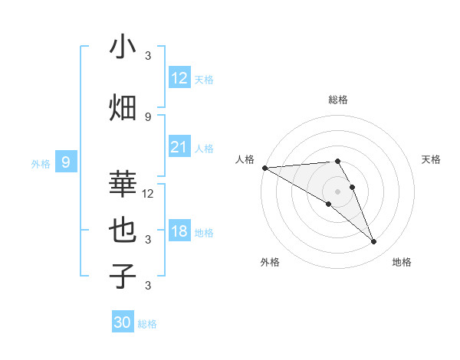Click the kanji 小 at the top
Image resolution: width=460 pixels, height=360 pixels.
123,47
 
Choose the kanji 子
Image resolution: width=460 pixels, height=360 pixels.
123,277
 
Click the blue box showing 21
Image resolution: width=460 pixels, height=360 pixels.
179,148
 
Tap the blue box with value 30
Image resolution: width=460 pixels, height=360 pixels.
123,322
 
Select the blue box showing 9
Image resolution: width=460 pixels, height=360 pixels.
67,162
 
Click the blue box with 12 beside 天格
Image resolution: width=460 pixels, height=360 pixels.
179,78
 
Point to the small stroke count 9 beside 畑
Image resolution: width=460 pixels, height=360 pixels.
148,116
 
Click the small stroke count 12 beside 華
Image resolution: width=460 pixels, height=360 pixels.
148,194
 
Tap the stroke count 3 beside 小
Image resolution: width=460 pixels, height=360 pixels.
148,56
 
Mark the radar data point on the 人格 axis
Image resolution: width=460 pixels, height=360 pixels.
264,168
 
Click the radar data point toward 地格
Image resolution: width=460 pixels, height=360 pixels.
373,241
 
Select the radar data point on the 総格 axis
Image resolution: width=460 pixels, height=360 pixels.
337,161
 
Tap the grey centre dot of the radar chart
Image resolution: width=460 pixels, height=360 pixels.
337,191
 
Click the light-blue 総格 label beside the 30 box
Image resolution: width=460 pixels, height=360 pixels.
147,324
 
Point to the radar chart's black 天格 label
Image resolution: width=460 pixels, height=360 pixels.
431,159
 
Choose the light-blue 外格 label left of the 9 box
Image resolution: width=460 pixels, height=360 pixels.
40,163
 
